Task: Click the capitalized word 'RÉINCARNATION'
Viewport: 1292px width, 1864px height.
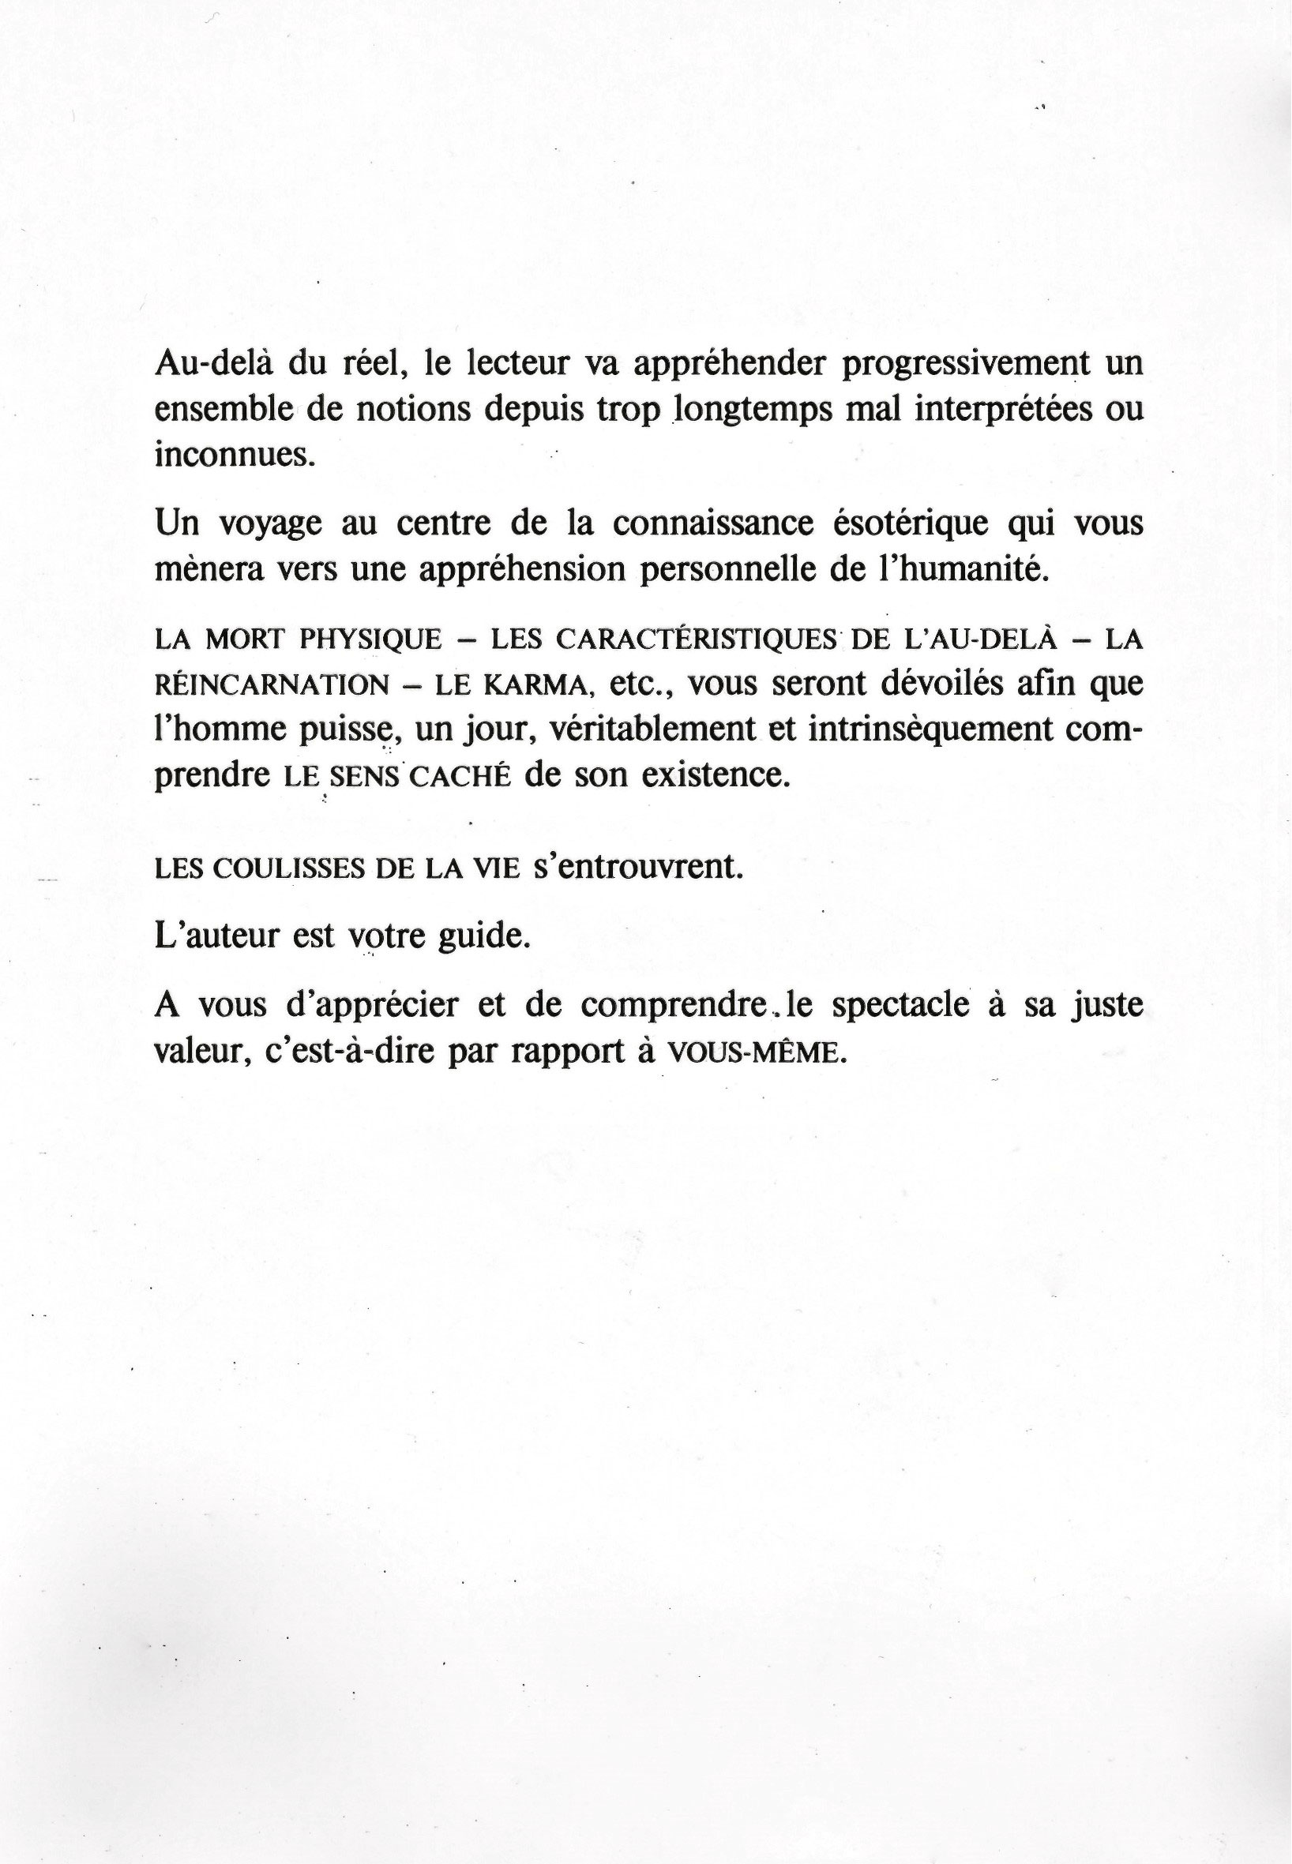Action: (271, 685)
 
